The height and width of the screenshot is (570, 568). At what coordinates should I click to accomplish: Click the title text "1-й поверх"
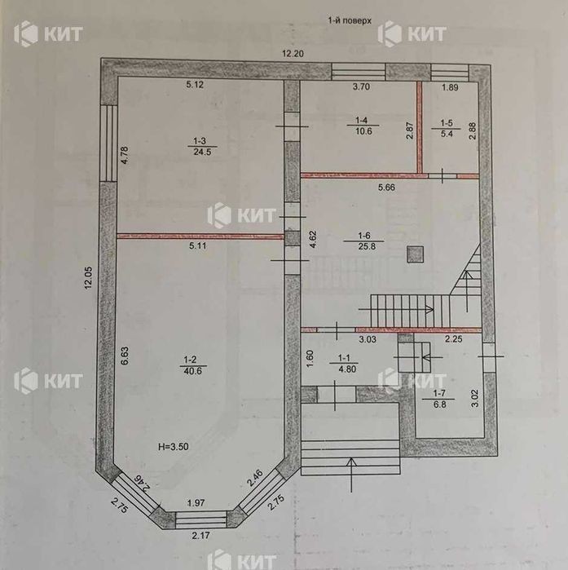click(350, 20)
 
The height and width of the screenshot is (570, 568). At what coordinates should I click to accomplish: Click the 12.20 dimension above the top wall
click(293, 54)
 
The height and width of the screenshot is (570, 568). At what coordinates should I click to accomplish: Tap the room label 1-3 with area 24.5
click(202, 147)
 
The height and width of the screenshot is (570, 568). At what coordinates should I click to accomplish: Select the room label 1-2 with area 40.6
click(193, 365)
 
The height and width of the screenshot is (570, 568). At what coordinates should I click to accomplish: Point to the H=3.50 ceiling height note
click(174, 446)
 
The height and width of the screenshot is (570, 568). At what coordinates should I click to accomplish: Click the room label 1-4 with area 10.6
click(363, 126)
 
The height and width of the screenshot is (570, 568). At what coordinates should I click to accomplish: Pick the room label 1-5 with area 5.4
click(447, 128)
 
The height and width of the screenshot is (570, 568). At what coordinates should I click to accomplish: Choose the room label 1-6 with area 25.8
click(364, 241)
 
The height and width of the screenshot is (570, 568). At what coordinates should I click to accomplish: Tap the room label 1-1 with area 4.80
click(344, 364)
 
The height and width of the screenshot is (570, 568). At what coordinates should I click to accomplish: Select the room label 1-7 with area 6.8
click(439, 399)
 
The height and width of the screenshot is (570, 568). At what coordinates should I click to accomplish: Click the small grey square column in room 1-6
click(416, 254)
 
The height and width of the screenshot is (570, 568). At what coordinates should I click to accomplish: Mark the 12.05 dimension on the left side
click(89, 278)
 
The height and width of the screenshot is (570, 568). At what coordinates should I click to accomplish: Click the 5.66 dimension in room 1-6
click(386, 188)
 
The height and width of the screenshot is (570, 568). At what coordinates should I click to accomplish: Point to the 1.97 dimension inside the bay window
click(196, 503)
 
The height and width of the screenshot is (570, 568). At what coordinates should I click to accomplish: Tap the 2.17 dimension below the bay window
click(200, 535)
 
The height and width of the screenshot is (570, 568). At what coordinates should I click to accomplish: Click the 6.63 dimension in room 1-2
click(125, 356)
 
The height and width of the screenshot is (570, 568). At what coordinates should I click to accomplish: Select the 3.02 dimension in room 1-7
click(474, 398)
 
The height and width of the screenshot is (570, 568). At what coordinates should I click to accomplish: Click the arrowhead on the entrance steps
click(351, 462)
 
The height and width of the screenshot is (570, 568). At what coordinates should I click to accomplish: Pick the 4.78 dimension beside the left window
click(125, 155)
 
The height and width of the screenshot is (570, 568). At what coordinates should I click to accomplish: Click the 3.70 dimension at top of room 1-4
click(361, 86)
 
